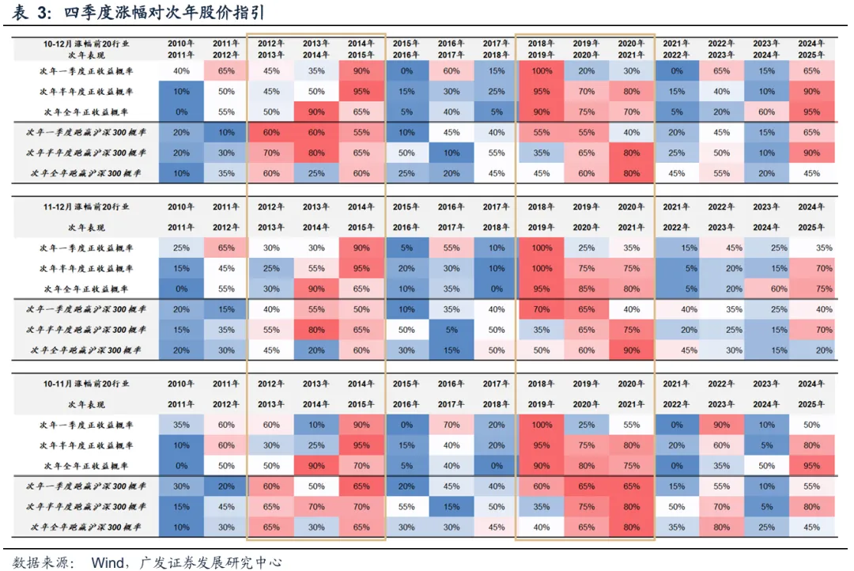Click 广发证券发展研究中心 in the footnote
click(210, 562)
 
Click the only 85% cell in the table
click(585, 289)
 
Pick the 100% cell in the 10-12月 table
click(541, 70)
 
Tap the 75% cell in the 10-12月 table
click(585, 112)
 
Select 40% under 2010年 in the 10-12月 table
click(181, 70)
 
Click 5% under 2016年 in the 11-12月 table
click(450, 330)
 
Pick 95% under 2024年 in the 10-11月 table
click(811, 466)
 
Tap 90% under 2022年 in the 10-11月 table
click(720, 425)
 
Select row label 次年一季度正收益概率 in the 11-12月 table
click(86, 248)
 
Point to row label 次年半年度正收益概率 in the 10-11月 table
click(86, 445)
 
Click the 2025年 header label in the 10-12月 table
click(811, 55)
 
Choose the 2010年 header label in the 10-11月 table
click(181, 384)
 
